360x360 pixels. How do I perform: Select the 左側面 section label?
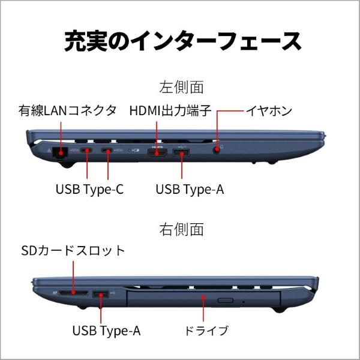181,87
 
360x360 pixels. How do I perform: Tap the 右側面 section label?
181,229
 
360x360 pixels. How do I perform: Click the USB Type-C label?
89,190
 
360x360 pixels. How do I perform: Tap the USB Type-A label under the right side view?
107,330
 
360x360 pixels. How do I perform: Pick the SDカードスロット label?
73,251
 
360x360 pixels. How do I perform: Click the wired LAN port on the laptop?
61,152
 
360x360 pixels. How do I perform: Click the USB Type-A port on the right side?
101,294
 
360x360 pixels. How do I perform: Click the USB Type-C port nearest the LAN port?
87,151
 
